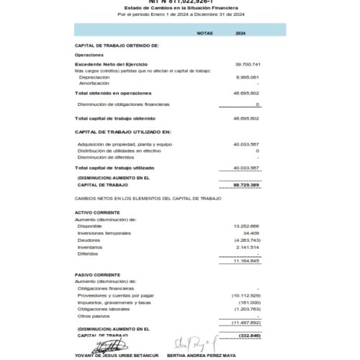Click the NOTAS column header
click(204, 33)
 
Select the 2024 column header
click(240, 33)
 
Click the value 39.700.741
click(247, 65)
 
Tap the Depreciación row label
click(94, 77)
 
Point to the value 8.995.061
click(247, 77)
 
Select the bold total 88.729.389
click(247, 185)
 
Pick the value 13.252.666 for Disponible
click(246, 226)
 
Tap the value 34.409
click(251, 233)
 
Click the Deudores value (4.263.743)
click(246, 240)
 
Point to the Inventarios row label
click(90, 247)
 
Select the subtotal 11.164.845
click(246, 261)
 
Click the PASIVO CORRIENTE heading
click(97, 274)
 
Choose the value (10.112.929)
click(246, 295)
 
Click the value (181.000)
click(249, 302)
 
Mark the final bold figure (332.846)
click(248, 336)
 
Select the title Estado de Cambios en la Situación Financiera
click(179, 7)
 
